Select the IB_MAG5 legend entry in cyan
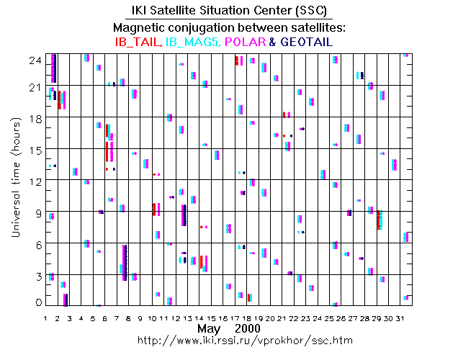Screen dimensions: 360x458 click(x=192, y=42)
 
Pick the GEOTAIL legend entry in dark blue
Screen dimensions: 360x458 click(x=305, y=42)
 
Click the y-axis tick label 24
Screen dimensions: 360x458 click(x=33, y=61)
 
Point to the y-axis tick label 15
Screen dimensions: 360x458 click(x=33, y=150)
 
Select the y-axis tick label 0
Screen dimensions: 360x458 click(x=37, y=303)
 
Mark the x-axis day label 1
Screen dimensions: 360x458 click(x=46, y=318)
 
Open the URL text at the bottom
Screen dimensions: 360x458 click(x=230, y=340)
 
